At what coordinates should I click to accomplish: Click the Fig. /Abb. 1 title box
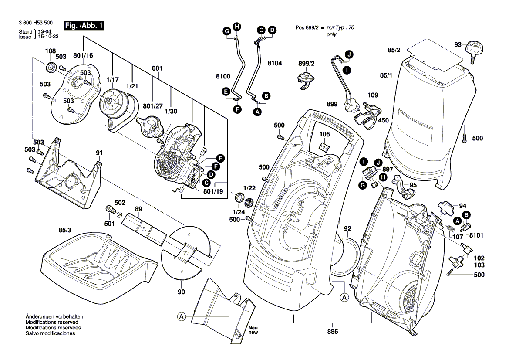pos(84,26)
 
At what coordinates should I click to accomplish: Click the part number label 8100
pos(222,76)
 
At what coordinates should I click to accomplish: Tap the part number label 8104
pos(275,63)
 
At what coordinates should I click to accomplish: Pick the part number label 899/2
pos(306,63)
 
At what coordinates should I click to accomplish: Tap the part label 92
pos(347,228)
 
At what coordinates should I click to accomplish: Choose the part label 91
pos(99,153)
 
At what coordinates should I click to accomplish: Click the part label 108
pos(51,51)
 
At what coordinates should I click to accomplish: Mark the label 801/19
pos(213,190)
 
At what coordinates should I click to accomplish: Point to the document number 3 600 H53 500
pos(36,23)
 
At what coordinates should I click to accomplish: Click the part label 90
pos(181,292)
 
